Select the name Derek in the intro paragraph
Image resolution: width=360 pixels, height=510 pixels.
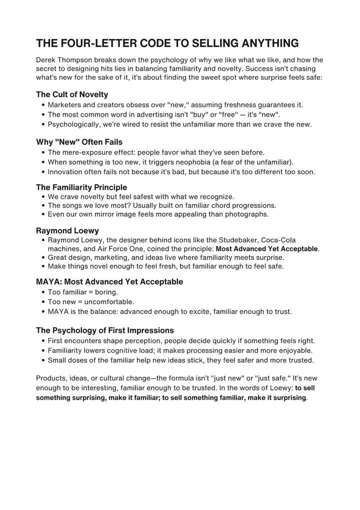coord(46,60)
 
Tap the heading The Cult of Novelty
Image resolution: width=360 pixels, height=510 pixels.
coord(72,94)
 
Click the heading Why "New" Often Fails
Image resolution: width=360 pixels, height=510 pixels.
coord(79,142)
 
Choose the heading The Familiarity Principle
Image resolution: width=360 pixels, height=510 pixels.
coord(81,187)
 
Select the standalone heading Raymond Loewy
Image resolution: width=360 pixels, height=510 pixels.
coord(67,231)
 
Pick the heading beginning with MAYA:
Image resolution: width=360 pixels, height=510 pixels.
coord(109,282)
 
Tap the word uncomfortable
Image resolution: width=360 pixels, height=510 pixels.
coord(109,302)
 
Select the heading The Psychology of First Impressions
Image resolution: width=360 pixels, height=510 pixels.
coord(105,330)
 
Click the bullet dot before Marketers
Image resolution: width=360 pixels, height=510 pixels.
coord(43,105)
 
